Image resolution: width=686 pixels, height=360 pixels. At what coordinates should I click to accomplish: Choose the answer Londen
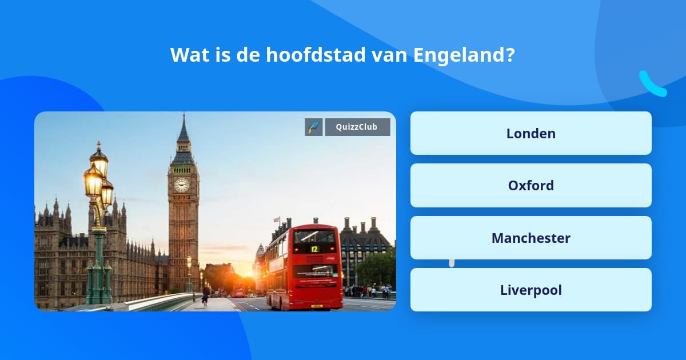point(531,133)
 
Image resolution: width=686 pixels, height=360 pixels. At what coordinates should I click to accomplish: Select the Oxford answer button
point(531,185)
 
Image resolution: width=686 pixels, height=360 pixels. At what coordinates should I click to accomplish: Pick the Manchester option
point(531,238)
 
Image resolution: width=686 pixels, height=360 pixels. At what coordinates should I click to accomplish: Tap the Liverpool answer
point(531,290)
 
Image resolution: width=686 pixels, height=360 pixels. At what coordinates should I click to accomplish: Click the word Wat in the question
point(186,55)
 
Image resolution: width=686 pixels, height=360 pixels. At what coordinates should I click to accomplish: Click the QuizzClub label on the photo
point(357,127)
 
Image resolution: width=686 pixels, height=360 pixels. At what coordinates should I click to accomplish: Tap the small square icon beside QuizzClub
point(314,127)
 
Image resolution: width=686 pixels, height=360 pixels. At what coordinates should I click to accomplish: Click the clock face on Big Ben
point(182,185)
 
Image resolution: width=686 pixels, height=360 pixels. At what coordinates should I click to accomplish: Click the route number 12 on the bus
point(314,249)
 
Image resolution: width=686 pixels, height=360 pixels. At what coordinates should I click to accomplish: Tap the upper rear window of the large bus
point(314,236)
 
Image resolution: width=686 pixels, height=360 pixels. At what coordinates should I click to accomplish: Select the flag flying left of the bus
point(277,219)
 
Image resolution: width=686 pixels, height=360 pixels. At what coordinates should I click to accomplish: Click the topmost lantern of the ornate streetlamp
point(99,158)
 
